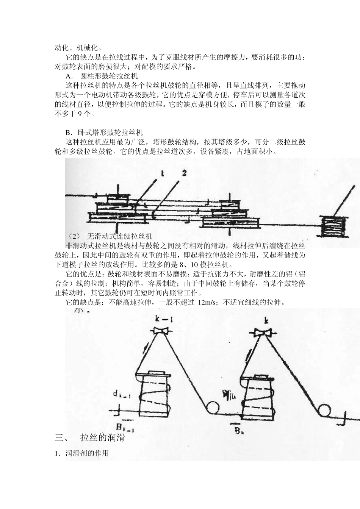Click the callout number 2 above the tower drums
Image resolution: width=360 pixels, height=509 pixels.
[x=185, y=173]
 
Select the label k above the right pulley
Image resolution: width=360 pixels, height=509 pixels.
[x=266, y=320]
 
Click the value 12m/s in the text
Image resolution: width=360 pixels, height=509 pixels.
[x=207, y=303]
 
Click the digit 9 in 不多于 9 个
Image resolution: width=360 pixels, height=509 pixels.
[x=80, y=114]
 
